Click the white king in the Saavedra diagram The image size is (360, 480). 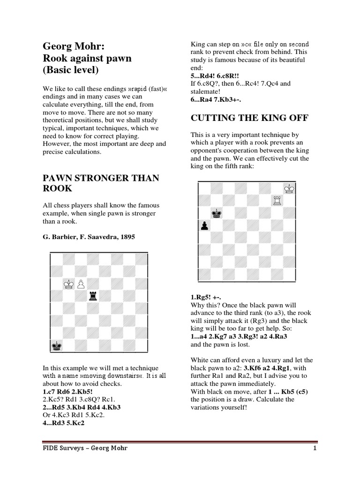[x=69, y=284]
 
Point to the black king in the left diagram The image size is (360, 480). [x=56, y=346]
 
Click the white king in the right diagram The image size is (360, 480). [x=289, y=188]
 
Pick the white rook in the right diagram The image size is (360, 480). [x=277, y=201]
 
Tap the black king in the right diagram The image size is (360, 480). [x=216, y=213]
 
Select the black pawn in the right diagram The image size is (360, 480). [x=204, y=225]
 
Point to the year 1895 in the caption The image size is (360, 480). [x=126, y=237]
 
